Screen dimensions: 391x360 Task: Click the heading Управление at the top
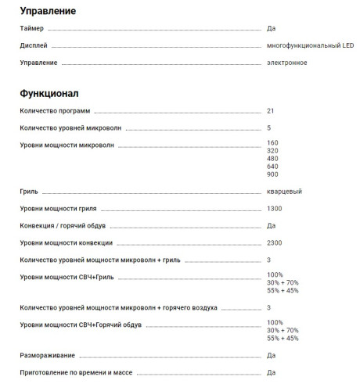coord(48,11)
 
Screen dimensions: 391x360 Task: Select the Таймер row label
coord(32,29)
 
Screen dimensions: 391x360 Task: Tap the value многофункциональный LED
coord(310,45)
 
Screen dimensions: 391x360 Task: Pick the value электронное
coord(286,62)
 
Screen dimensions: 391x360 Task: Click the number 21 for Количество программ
coord(271,110)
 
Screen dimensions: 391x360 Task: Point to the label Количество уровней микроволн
coord(70,127)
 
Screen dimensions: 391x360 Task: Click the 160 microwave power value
coord(272,142)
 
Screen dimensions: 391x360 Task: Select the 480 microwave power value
coord(272,158)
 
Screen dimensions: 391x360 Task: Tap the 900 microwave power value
coord(272,174)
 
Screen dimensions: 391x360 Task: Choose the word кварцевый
coord(284,191)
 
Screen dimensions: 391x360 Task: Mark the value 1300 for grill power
coord(274,209)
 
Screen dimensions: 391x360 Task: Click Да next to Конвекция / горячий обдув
coord(271,225)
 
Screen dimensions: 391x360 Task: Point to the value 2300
coord(274,242)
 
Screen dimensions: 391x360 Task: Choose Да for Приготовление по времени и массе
coord(271,372)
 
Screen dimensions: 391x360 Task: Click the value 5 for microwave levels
coord(268,127)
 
